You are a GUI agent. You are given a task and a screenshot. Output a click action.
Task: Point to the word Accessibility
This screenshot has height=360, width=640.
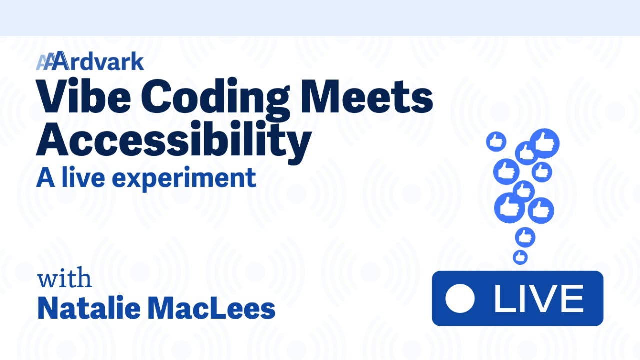point(173,139)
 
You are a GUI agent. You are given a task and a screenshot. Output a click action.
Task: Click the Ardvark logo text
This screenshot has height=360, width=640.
point(100,62)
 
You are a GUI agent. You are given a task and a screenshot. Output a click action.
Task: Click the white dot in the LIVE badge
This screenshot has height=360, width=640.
point(459,299)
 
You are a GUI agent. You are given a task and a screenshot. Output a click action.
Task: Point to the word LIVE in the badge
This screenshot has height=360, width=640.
point(538,299)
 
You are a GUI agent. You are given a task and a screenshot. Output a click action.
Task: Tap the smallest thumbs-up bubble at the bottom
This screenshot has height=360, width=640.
point(520,257)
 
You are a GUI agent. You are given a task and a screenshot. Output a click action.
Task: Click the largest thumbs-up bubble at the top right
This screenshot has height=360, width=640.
point(544,143)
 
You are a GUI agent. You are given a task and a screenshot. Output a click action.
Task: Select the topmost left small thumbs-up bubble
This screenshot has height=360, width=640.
point(496,141)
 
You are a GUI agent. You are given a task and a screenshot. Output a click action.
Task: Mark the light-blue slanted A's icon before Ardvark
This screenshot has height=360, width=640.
point(45,62)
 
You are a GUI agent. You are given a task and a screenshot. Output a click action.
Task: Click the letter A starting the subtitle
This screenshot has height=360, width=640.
point(45,178)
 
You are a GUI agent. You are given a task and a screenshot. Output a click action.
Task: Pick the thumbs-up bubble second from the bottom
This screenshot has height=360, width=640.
point(525,237)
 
